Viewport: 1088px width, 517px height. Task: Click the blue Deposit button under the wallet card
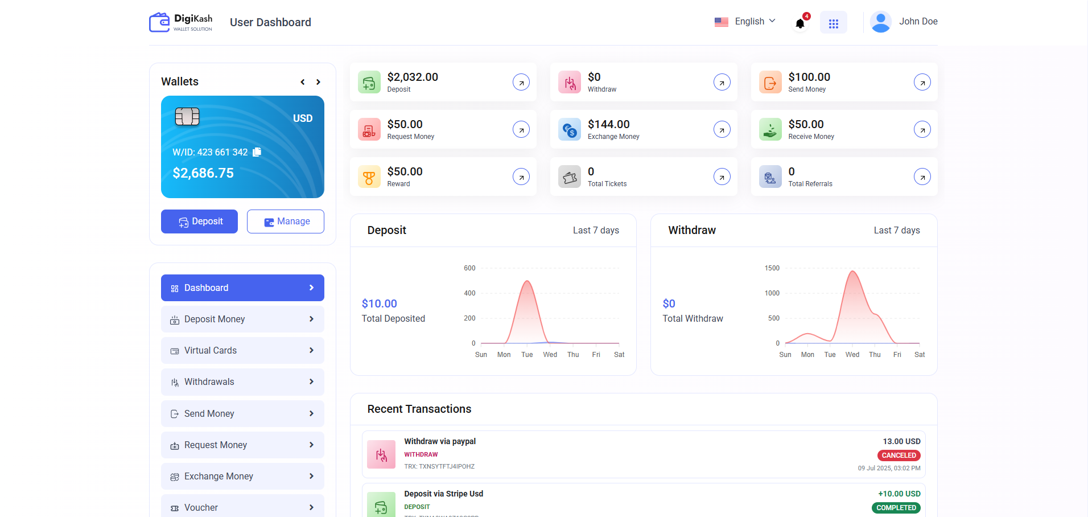(x=199, y=221)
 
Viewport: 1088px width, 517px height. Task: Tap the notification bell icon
(x=800, y=23)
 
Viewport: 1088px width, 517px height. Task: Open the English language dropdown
(x=745, y=22)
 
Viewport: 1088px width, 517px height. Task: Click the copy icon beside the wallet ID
(x=257, y=152)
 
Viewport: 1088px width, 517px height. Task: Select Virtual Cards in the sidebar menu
(x=242, y=351)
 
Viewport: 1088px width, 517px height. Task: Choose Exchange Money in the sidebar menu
(x=242, y=477)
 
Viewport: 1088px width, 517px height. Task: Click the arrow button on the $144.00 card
(x=722, y=130)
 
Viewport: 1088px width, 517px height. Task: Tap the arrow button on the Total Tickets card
(x=722, y=177)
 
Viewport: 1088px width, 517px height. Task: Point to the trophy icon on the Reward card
(x=369, y=177)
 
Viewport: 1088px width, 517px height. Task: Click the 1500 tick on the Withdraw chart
(x=772, y=268)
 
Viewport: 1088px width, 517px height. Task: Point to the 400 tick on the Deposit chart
(x=469, y=293)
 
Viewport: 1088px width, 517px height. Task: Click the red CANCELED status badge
(x=899, y=456)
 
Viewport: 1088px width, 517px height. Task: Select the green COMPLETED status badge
(x=896, y=508)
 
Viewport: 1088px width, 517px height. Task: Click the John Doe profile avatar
(x=880, y=22)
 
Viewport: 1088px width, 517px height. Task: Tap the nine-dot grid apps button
(x=833, y=23)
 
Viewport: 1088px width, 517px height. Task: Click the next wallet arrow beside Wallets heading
(x=318, y=82)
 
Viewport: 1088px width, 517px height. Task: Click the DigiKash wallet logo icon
(x=159, y=22)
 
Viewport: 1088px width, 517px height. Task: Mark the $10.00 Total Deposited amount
(x=380, y=303)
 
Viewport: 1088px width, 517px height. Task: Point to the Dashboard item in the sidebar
(x=242, y=288)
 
